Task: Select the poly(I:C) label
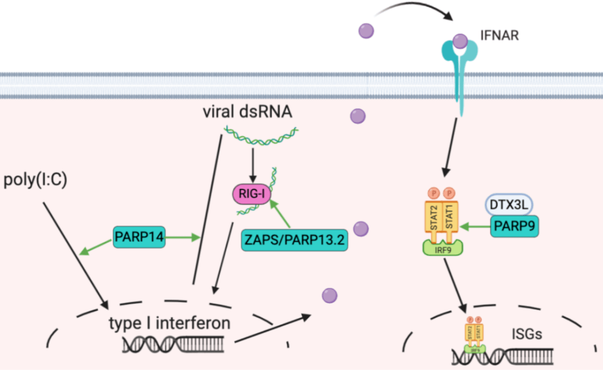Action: pyautogui.click(x=36, y=181)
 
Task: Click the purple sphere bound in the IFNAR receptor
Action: pyautogui.click(x=460, y=41)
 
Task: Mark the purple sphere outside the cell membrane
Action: pyautogui.click(x=366, y=30)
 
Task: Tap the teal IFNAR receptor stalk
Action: pyautogui.click(x=461, y=89)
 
